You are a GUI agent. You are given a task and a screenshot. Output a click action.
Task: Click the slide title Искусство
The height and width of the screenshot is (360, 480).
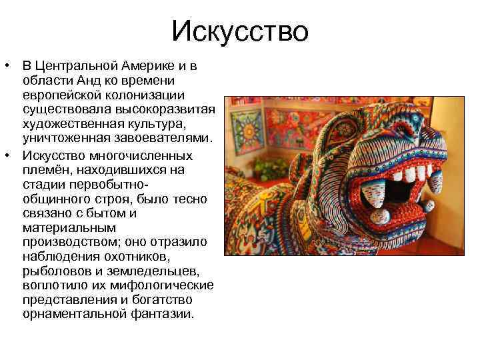[240, 31]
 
